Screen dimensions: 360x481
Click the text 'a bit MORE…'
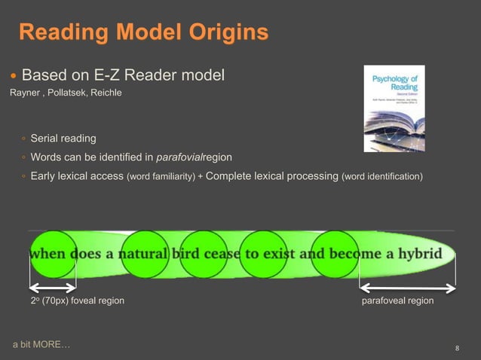click(x=42, y=344)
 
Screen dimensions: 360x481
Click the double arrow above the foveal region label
click(x=53, y=288)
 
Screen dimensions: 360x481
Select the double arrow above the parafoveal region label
click(x=407, y=288)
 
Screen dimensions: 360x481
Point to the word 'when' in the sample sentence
click(x=47, y=253)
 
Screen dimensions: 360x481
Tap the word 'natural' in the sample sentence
click(x=142, y=253)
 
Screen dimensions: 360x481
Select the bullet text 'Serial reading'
click(x=63, y=139)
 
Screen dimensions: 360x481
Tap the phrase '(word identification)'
click(x=382, y=177)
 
